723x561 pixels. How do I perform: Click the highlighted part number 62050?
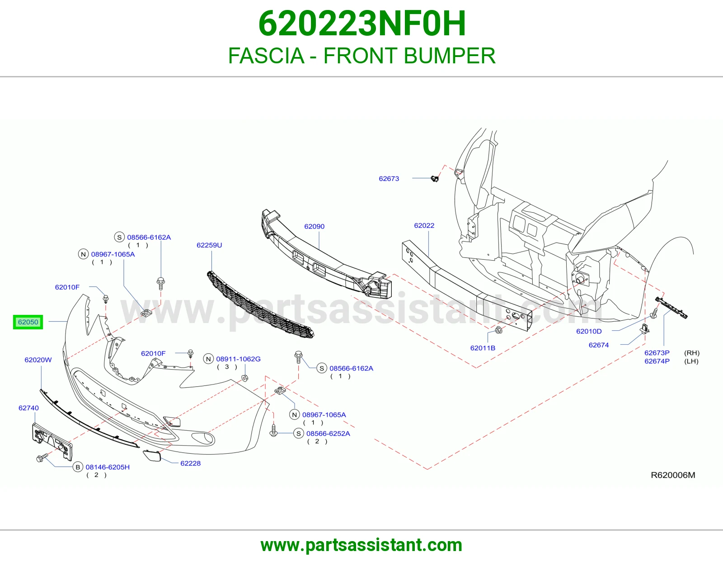pyautogui.click(x=28, y=322)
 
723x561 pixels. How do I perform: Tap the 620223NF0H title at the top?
pyautogui.click(x=362, y=24)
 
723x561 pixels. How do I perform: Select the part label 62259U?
pyautogui.click(x=209, y=245)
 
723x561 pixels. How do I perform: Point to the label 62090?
pyautogui.click(x=315, y=227)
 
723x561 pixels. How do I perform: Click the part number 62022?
pyautogui.click(x=424, y=226)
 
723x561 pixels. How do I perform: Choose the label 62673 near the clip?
pyautogui.click(x=389, y=179)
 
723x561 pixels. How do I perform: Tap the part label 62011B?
pyautogui.click(x=483, y=348)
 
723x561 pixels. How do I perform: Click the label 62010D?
pyautogui.click(x=589, y=331)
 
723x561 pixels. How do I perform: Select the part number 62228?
pyautogui.click(x=190, y=463)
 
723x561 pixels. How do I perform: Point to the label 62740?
pyautogui.click(x=28, y=408)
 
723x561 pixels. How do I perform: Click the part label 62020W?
pyautogui.click(x=38, y=360)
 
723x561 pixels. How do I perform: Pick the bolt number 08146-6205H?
pyautogui.click(x=108, y=467)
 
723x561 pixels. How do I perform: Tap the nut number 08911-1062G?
pyautogui.click(x=238, y=359)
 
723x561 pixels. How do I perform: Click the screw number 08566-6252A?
pyautogui.click(x=328, y=434)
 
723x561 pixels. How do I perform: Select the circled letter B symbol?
pyautogui.click(x=78, y=467)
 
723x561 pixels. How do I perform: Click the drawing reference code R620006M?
pyautogui.click(x=673, y=475)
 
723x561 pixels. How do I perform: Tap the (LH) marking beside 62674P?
pyautogui.click(x=691, y=361)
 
